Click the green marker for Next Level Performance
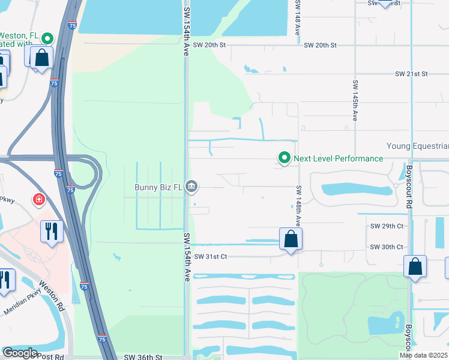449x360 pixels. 284,158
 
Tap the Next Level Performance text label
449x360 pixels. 338,158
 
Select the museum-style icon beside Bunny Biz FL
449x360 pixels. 191,187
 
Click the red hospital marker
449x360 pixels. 40,199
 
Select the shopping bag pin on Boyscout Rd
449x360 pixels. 415,267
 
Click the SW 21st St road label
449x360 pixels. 411,74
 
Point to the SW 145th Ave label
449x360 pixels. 355,101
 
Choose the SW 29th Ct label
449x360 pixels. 387,226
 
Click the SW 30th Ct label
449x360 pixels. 387,247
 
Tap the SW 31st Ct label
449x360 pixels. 210,256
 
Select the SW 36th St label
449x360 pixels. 143,357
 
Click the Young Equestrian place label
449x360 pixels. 417,146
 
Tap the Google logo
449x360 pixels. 20,353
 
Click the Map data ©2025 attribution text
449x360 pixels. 423,355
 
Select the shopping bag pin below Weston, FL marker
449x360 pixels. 42,58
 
